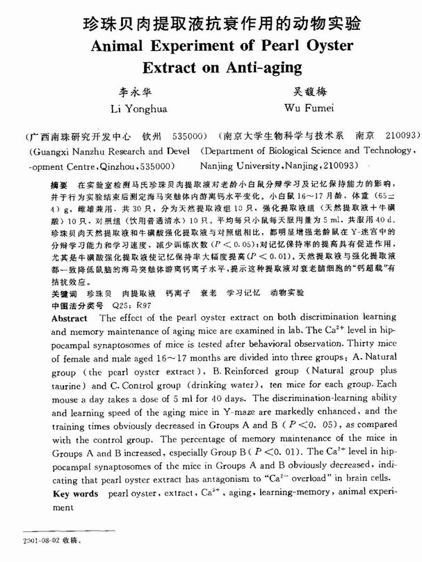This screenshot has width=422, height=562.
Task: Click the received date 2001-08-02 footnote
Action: tap(40, 540)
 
